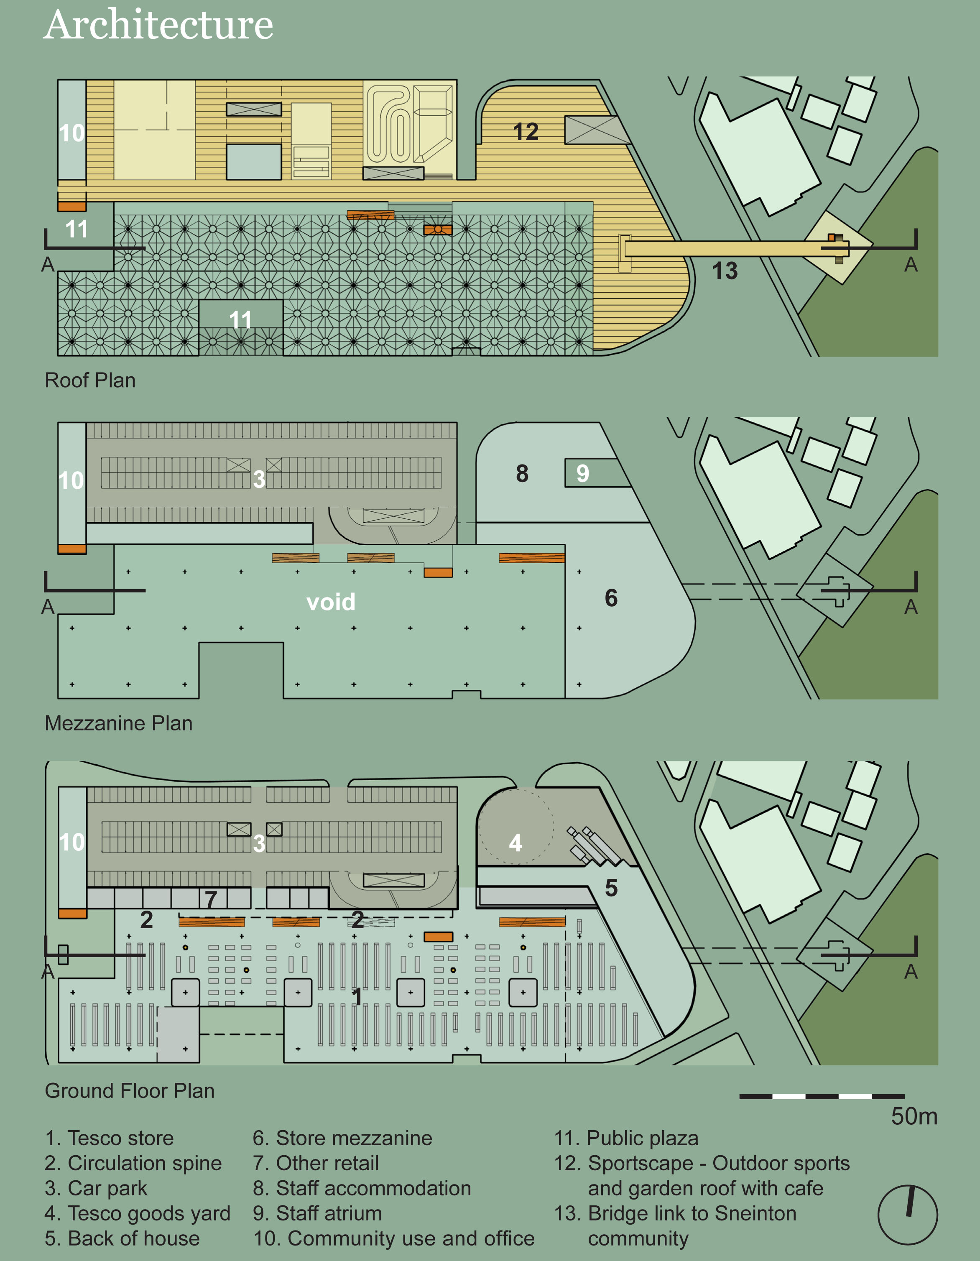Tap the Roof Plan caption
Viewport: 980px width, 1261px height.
pos(90,380)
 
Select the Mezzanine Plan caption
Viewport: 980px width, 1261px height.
pos(118,723)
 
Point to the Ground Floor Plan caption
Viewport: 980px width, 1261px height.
pos(129,1091)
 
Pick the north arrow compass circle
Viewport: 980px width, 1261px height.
pos(907,1215)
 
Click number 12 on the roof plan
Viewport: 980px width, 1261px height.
pos(526,132)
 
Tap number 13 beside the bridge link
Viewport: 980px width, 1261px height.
pos(725,271)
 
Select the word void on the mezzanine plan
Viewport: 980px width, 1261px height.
pos(331,602)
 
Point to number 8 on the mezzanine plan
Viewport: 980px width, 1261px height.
pos(522,473)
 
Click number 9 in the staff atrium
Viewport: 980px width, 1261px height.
pos(583,473)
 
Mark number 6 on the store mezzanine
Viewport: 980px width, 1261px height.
pos(611,598)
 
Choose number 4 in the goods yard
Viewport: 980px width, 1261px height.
pos(515,843)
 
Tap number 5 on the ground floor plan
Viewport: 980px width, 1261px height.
pos(611,888)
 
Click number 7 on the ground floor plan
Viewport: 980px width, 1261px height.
pos(211,899)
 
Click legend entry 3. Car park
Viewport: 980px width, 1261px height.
pos(96,1188)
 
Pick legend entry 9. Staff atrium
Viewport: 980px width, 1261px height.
pos(317,1213)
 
